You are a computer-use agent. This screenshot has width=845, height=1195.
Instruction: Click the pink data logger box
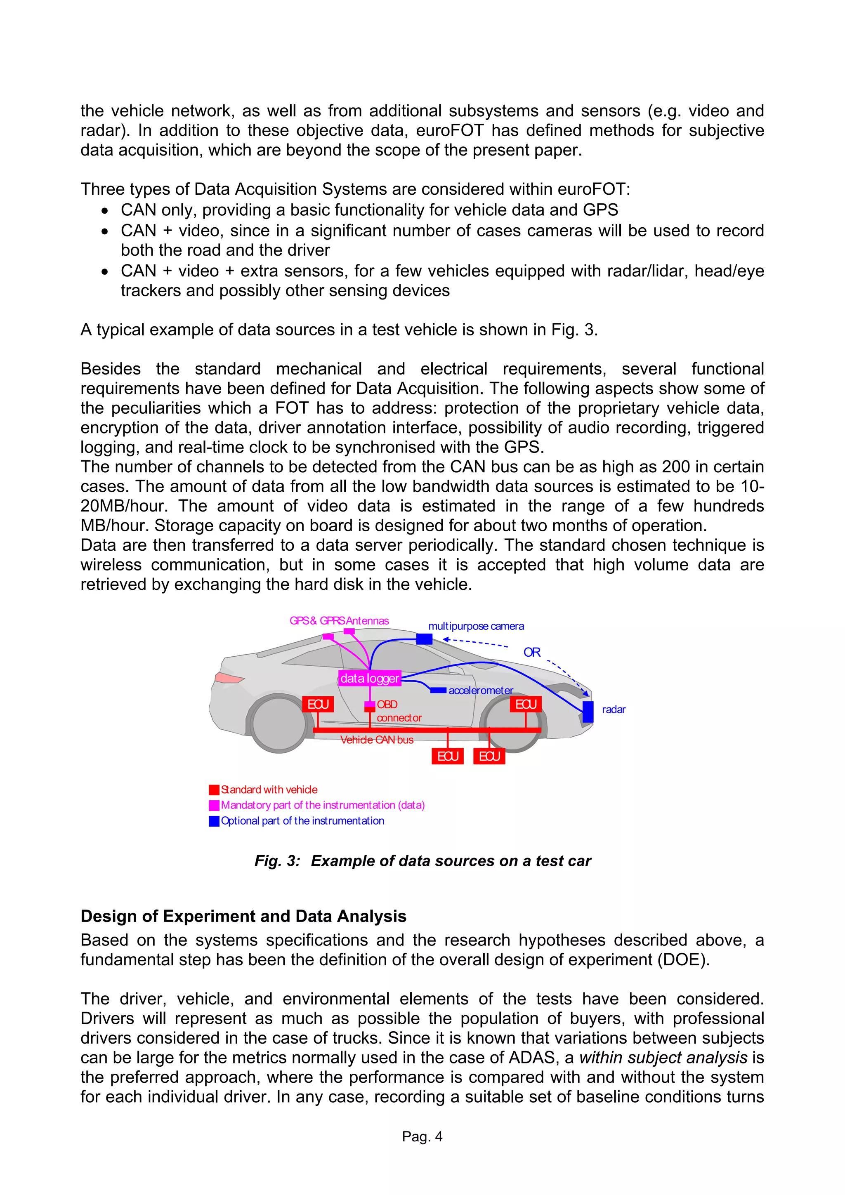pyautogui.click(x=369, y=678)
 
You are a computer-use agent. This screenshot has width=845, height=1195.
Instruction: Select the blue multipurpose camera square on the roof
pyautogui.click(x=424, y=639)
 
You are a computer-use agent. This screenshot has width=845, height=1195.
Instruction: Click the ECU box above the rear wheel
pyautogui.click(x=318, y=704)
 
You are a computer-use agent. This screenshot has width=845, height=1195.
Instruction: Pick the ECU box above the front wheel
pyautogui.click(x=526, y=704)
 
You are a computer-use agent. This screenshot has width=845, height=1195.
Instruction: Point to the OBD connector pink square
pyautogui.click(x=370, y=706)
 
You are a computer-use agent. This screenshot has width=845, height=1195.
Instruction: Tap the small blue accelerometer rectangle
pyautogui.click(x=438, y=690)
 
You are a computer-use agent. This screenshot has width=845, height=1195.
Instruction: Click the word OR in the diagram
pyautogui.click(x=531, y=652)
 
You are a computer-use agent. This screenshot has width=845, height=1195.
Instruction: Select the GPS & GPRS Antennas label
pyautogui.click(x=339, y=620)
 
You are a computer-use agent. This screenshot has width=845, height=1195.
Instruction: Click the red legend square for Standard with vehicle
pyautogui.click(x=214, y=790)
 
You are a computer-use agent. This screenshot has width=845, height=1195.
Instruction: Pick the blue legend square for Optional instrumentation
pyautogui.click(x=214, y=821)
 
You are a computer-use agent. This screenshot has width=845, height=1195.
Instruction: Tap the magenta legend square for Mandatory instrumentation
pyautogui.click(x=214, y=805)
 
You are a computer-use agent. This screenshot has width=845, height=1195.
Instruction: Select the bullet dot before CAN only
pyautogui.click(x=105, y=211)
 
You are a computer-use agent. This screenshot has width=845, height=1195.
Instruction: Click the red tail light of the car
pyautogui.click(x=228, y=678)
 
